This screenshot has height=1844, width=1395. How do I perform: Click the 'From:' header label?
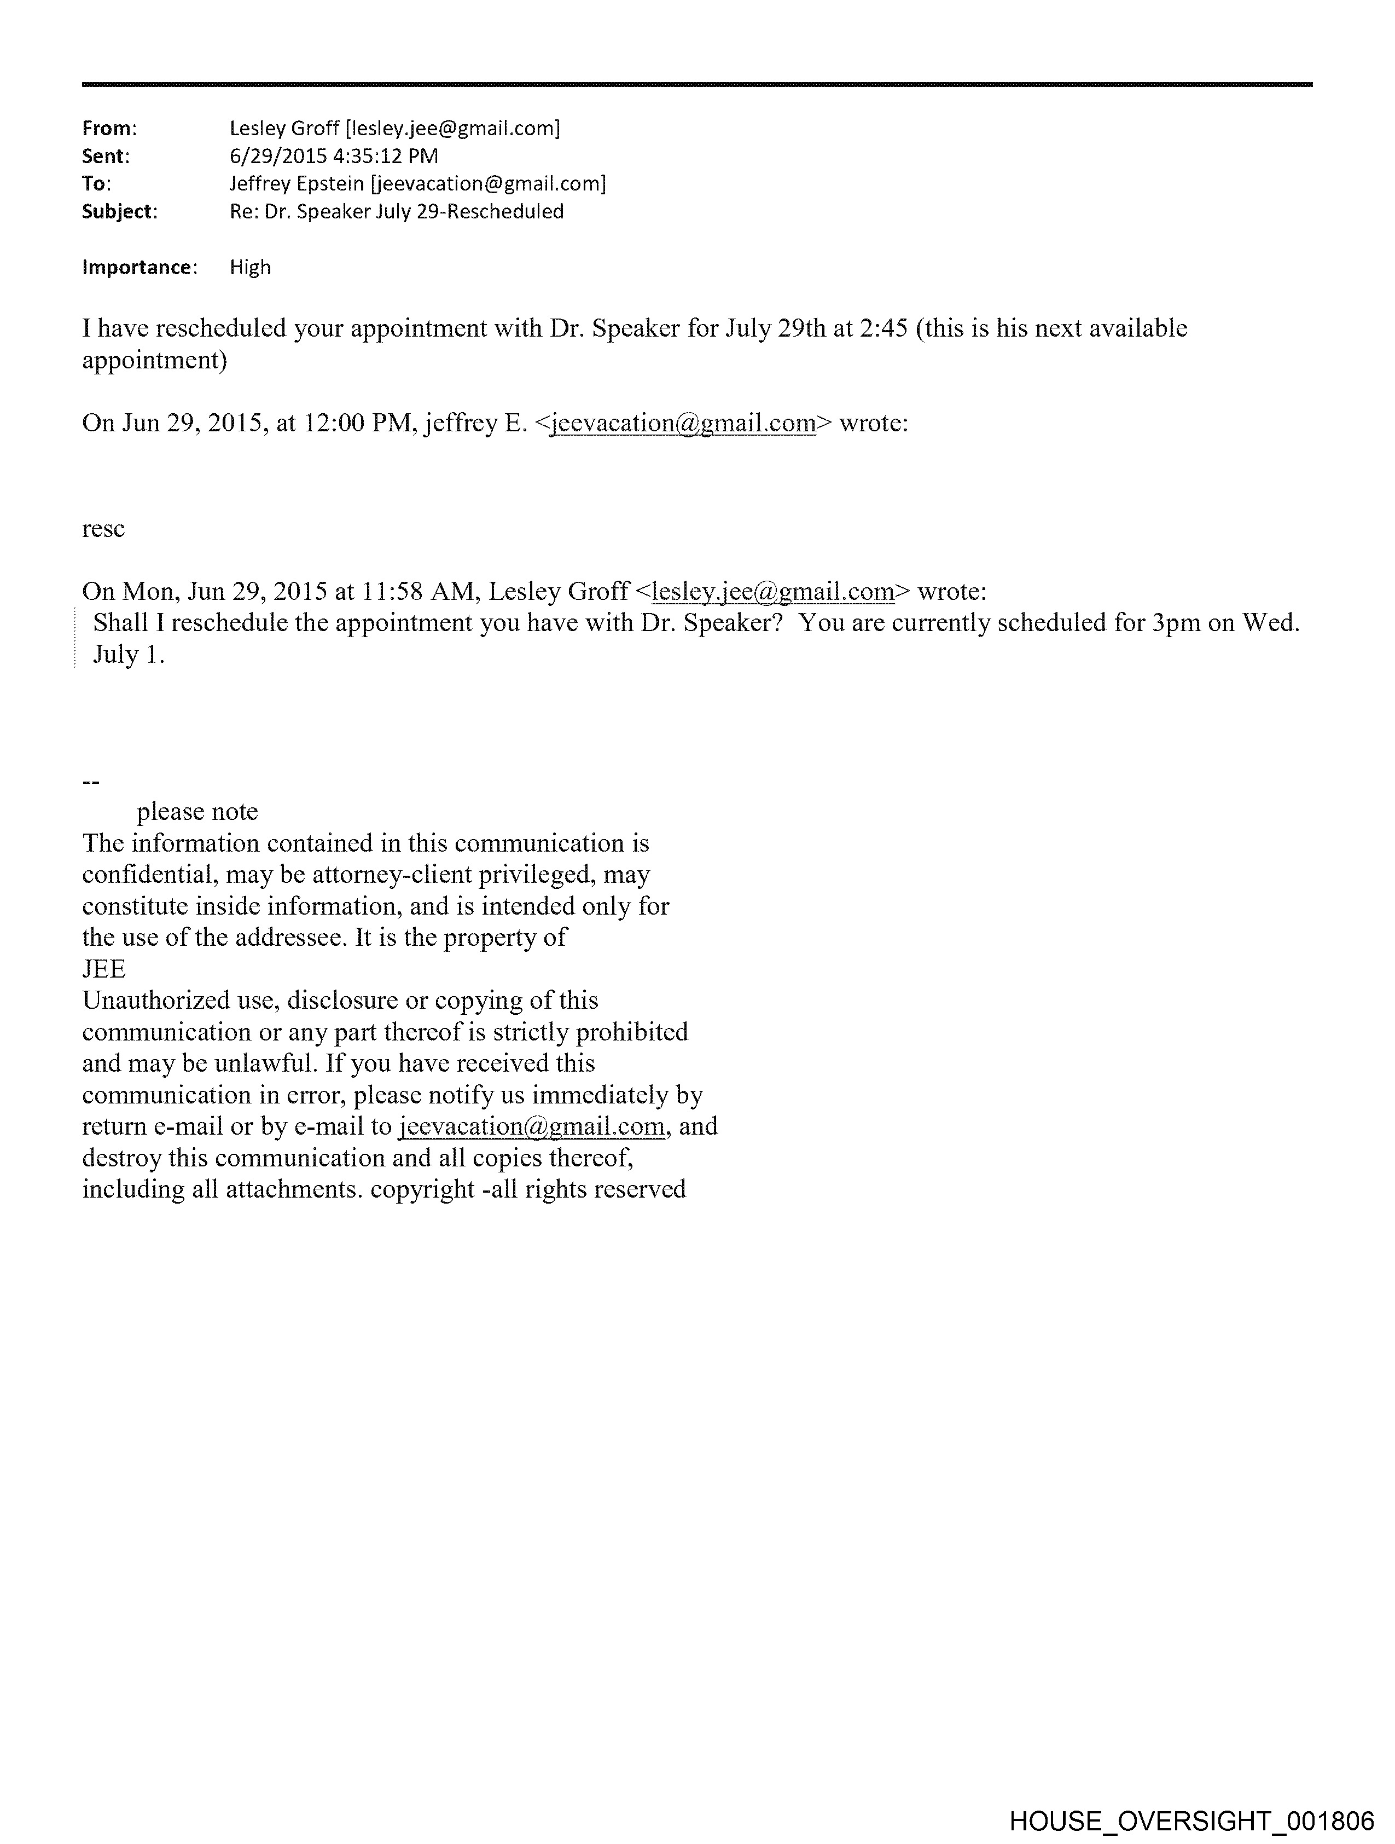tap(108, 129)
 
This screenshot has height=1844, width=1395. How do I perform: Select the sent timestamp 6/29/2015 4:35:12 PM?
tap(333, 157)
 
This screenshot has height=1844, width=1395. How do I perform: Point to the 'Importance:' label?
tap(139, 268)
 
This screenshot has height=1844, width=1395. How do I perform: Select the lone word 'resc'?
tap(103, 529)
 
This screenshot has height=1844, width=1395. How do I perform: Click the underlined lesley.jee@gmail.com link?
tap(772, 592)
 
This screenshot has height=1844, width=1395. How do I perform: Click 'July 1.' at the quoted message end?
tap(129, 655)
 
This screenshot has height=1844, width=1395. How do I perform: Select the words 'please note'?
tap(197, 812)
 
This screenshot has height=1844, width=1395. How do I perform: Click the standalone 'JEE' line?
tap(104, 969)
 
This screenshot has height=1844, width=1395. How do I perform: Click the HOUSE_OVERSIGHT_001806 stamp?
tap(1191, 1820)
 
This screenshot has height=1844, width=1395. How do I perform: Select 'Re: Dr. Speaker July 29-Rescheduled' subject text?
tap(397, 212)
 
